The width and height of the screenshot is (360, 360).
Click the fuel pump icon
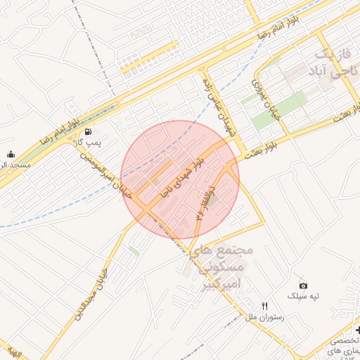(88, 131)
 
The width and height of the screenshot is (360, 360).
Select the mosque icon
(11, 155)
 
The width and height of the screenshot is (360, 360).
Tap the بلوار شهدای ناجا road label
(181, 172)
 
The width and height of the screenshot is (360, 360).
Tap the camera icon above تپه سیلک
(303, 285)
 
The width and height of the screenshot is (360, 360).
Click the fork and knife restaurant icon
(264, 306)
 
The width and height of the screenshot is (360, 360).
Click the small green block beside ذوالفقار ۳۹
(213, 201)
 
